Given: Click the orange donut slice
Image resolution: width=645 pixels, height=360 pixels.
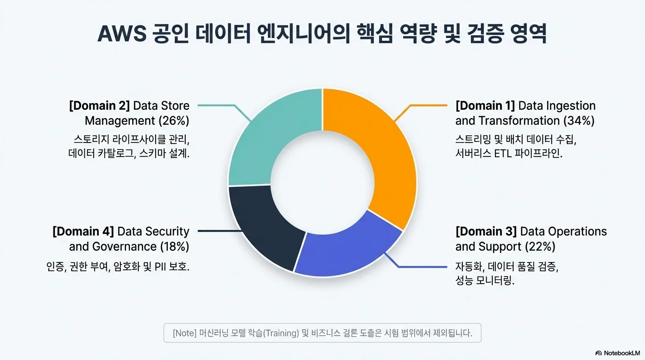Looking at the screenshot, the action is [x=386, y=150].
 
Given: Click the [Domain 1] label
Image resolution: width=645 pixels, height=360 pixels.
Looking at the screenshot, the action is [x=485, y=106].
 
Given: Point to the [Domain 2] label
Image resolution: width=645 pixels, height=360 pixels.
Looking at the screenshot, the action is [x=99, y=106].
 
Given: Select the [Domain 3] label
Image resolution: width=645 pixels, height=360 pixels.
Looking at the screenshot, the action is [x=486, y=232].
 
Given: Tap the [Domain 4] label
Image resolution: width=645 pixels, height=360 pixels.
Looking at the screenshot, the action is [x=83, y=232].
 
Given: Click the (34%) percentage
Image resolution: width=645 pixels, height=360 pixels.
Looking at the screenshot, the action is [x=579, y=121].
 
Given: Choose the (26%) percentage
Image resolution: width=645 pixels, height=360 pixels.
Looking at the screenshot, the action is [x=174, y=121].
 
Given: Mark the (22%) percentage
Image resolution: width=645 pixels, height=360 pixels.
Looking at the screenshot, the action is [x=540, y=247].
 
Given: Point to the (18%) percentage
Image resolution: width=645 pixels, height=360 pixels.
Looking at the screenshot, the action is [x=174, y=247].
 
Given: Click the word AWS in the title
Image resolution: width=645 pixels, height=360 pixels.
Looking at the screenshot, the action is [x=122, y=34].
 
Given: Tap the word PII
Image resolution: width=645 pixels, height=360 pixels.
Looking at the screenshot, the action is [x=160, y=267].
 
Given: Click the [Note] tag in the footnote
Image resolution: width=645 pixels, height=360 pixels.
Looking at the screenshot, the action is [x=185, y=333].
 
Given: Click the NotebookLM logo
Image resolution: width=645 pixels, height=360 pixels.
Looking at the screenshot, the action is [x=617, y=353].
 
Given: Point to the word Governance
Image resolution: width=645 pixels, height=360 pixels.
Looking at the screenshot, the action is [x=124, y=247].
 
